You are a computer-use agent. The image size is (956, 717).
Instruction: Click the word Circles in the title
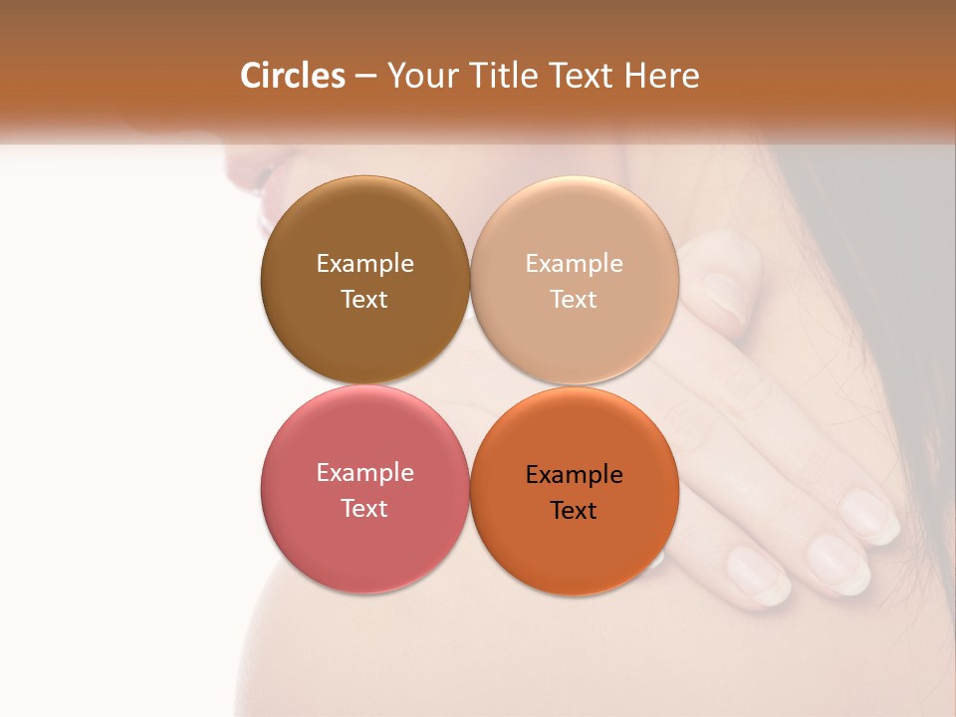[293, 76]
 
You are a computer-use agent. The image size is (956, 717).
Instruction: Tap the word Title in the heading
[503, 76]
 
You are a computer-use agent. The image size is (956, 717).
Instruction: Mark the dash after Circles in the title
[365, 77]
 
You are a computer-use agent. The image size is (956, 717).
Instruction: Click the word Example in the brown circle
[364, 263]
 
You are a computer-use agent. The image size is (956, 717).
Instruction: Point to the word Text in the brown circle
[364, 299]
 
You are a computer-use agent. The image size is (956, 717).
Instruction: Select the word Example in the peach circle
[574, 263]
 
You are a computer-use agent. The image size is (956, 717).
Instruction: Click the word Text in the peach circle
[574, 299]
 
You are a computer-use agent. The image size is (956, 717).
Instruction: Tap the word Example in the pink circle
[364, 472]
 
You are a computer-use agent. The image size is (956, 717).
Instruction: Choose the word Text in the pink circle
[364, 508]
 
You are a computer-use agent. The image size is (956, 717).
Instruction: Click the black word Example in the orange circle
[574, 474]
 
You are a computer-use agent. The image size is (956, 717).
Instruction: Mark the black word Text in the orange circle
[574, 510]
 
